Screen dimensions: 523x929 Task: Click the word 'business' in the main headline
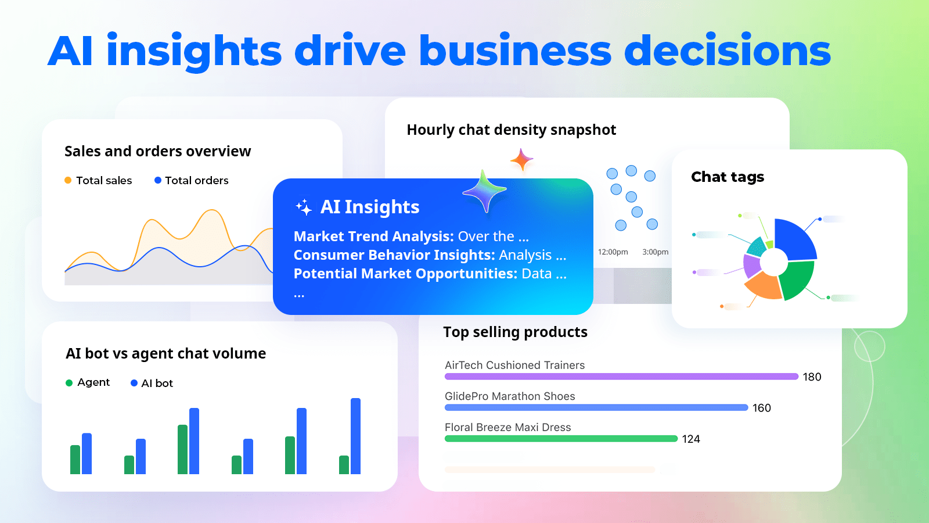pos(515,51)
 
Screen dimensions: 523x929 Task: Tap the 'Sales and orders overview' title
pos(157,152)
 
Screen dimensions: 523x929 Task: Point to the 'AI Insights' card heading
pos(369,207)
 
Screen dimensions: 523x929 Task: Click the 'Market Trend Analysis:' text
pos(373,237)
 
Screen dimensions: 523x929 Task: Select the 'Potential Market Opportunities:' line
pos(405,274)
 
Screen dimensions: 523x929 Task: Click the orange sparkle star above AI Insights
pos(521,159)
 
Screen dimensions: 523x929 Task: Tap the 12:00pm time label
pos(613,252)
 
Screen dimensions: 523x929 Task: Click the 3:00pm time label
pos(655,252)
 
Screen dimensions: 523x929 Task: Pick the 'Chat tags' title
pos(727,177)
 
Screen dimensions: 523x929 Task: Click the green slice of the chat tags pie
pos(797,280)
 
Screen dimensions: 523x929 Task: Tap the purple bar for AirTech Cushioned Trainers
pos(621,377)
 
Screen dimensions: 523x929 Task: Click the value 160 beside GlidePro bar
pos(761,408)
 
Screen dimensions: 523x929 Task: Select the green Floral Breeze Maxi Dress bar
pos(560,439)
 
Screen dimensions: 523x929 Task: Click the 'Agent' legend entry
pos(93,382)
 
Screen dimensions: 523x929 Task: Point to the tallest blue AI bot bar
pos(355,436)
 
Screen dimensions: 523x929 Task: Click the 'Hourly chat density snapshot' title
pos(511,130)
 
